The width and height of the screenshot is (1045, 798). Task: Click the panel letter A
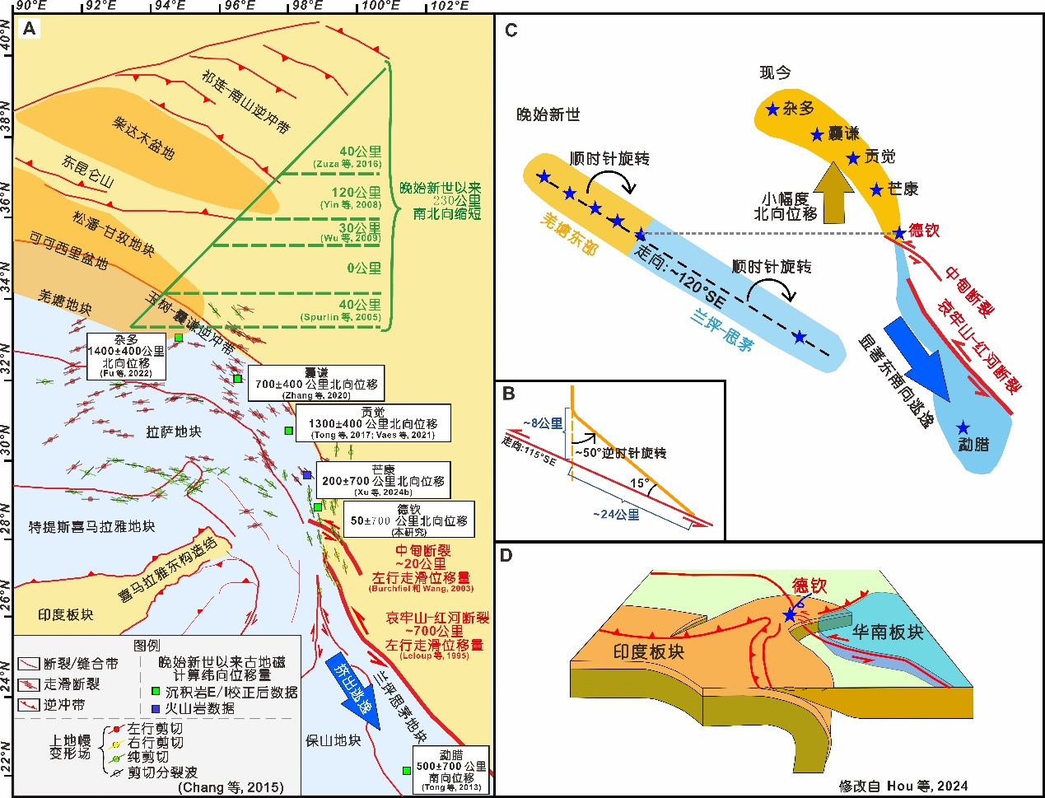[30, 30]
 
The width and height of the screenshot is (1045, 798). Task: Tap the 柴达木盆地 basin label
[143, 138]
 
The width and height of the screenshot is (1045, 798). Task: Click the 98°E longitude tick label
[308, 7]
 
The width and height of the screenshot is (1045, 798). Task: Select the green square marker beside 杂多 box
[179, 338]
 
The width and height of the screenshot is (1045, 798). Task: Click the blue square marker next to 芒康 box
[307, 474]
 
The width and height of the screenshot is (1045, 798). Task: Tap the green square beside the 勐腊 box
[406, 771]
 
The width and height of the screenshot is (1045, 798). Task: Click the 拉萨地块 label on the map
[173, 432]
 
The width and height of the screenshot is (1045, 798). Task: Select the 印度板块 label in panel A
[66, 614]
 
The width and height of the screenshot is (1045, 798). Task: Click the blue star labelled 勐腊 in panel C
[963, 427]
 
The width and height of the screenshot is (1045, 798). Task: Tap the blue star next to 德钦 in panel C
[899, 233]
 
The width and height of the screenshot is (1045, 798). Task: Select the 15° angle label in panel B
[640, 483]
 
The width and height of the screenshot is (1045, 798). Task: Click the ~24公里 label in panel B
[616, 515]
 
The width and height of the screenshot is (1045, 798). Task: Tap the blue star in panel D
[791, 614]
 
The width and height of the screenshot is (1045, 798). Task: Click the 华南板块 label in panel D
[887, 632]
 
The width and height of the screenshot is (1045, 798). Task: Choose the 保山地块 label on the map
[333, 740]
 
